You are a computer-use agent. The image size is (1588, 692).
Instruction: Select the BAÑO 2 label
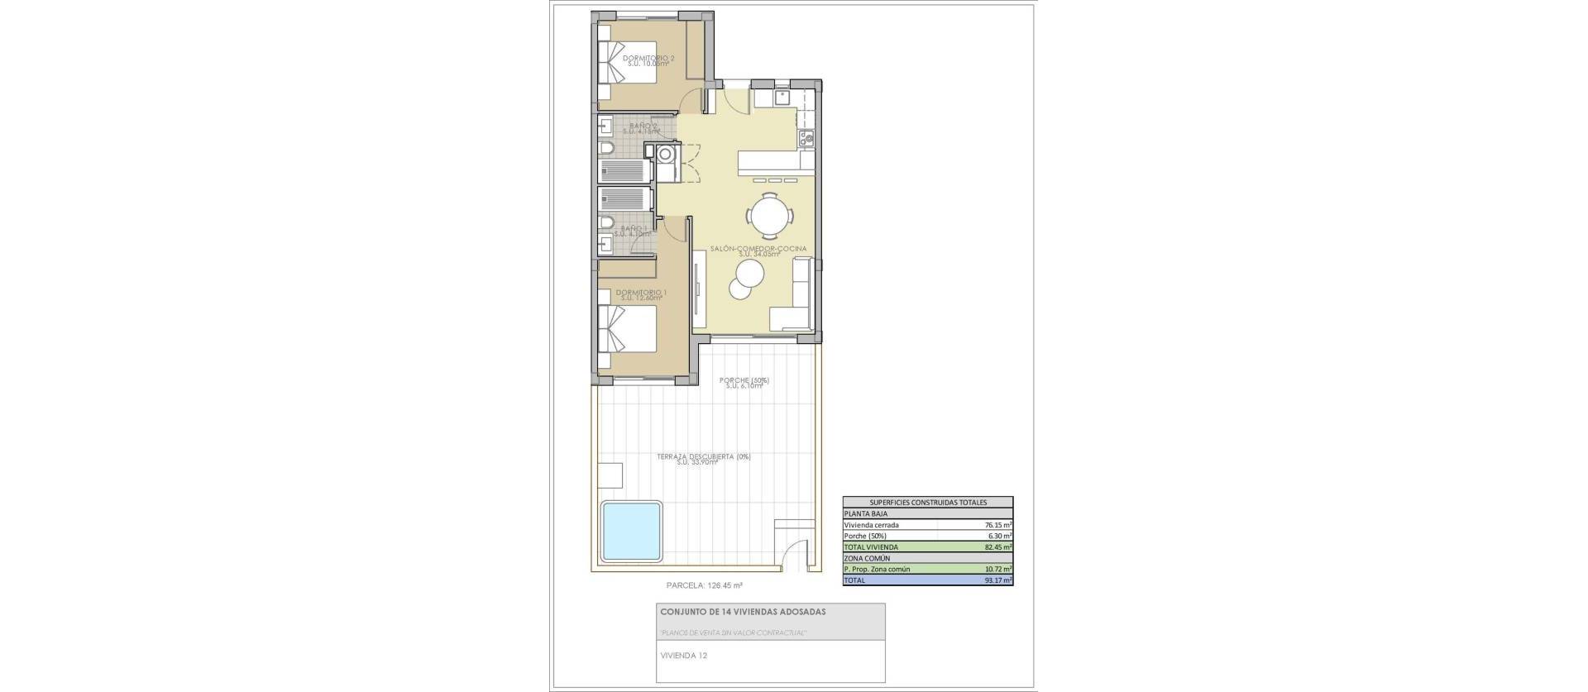tap(643, 126)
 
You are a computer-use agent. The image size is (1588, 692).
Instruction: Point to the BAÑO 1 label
tap(633, 229)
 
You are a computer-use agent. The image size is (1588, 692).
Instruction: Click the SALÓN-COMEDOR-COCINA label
tap(758, 249)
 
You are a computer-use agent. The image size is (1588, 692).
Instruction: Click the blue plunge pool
tap(631, 530)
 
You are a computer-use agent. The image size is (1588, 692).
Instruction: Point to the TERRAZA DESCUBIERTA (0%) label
tap(703, 457)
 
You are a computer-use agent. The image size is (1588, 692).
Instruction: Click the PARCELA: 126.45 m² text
tap(704, 585)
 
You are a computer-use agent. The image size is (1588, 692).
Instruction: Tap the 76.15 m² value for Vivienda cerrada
tap(997, 525)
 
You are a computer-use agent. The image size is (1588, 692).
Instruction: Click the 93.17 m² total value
tap(997, 580)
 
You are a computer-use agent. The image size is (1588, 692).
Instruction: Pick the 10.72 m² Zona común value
tap(997, 570)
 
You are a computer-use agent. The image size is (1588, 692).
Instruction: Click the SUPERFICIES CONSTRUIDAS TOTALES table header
tap(927, 502)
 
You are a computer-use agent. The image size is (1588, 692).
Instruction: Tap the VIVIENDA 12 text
tap(683, 656)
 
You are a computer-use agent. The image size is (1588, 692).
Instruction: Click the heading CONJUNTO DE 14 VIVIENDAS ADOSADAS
tap(742, 613)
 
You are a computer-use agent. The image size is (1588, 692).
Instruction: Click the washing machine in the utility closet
tap(666, 154)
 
